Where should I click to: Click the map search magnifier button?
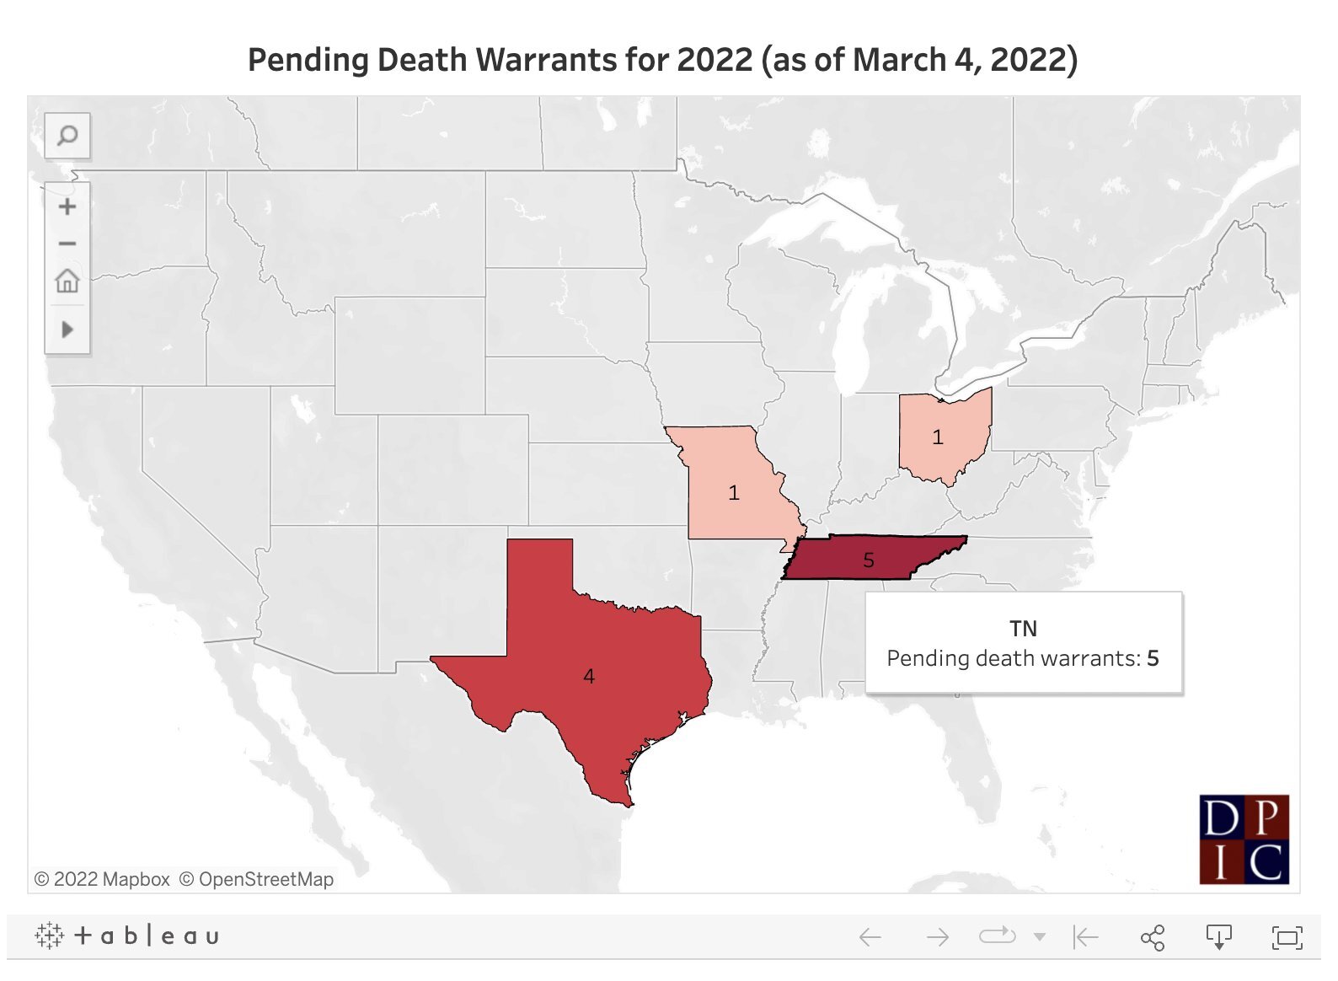point(67,135)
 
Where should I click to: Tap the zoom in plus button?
point(67,206)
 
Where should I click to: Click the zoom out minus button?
point(67,244)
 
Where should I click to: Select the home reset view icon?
point(67,281)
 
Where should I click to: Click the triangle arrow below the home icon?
point(67,329)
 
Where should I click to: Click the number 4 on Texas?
point(589,677)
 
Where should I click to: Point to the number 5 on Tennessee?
point(869,560)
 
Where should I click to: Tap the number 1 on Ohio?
point(938,437)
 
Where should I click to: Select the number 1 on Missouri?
point(734,493)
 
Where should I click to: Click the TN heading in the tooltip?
point(1023,629)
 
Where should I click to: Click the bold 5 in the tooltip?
point(1153,658)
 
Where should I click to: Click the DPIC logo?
point(1244,839)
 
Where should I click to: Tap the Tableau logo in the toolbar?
point(127,935)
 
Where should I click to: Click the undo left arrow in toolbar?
point(870,937)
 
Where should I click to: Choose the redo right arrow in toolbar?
point(937,937)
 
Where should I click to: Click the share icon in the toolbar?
point(1152,937)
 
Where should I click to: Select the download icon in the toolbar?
point(1218,937)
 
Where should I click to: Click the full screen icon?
point(1287,937)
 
